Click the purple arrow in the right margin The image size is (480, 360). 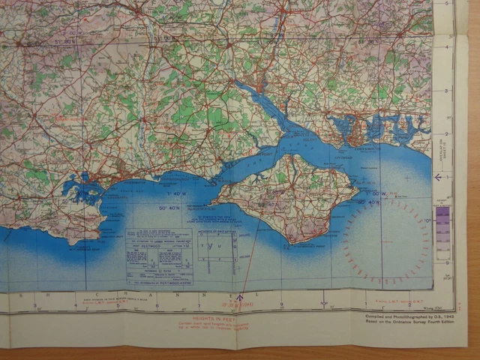coord(438,178)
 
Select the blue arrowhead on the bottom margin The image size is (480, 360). coord(240,298)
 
